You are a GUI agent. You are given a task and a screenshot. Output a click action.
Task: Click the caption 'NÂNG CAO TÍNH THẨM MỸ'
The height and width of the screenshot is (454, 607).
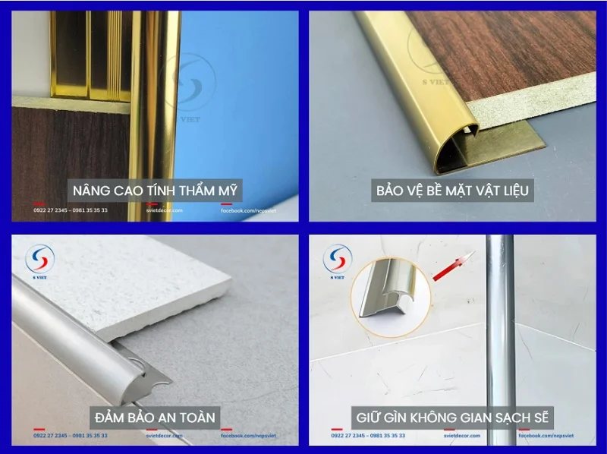point(156,189)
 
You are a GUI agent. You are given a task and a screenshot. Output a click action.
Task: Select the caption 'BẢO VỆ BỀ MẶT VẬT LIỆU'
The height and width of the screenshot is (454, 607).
point(453,189)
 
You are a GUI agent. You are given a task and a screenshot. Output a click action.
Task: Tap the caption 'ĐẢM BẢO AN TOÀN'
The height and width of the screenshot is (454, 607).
point(156,417)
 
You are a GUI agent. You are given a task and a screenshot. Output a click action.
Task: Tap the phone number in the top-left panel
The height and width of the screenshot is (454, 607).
point(70,210)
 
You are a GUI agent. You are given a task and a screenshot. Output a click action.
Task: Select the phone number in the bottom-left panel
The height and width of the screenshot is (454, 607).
point(70,436)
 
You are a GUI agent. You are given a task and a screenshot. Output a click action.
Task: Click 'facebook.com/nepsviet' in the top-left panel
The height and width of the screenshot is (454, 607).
point(247,210)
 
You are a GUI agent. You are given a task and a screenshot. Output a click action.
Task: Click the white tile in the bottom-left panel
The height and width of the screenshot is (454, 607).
point(114,281)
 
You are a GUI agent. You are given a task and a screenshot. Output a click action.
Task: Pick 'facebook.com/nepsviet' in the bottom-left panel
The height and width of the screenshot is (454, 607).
point(247,436)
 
